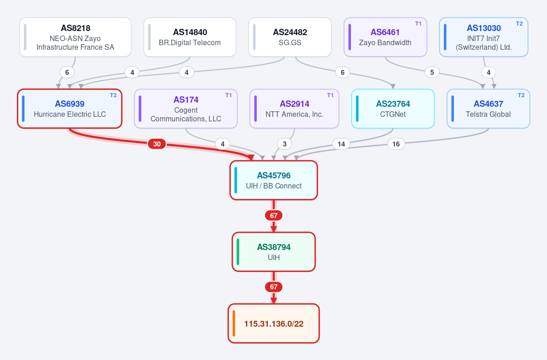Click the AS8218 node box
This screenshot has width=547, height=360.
pos(75,37)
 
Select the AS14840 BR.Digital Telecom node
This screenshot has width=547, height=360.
pos(190,37)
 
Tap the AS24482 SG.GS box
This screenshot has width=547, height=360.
pos(290,37)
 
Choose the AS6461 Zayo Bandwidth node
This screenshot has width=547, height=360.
pos(386,37)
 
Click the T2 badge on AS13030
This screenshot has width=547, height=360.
pos(519,24)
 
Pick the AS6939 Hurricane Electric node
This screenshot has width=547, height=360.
pos(70,109)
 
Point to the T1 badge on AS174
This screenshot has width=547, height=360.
pos(229,95)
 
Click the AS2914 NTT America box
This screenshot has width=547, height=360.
pos(294,109)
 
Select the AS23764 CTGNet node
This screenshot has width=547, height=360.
pos(393,109)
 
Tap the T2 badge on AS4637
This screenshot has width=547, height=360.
pos(521,95)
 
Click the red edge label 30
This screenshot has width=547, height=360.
pos(157,144)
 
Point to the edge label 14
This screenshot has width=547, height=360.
pos(341,144)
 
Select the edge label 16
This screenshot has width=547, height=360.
pos(396,144)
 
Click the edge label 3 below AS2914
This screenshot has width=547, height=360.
pos(285,144)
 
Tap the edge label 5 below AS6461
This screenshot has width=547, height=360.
pos(432,73)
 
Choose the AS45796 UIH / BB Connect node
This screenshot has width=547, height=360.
pos(274,180)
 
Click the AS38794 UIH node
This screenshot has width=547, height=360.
pos(274,252)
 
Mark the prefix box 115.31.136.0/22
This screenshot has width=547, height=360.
pos(274,323)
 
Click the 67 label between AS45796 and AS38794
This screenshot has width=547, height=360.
pos(274,215)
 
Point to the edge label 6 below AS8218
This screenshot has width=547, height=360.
pos(67,73)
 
